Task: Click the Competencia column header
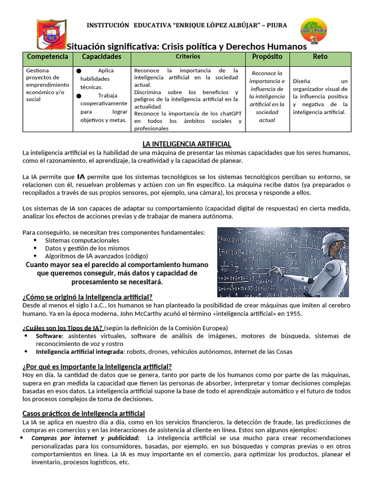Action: pos(47,57)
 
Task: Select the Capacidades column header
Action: pos(102,57)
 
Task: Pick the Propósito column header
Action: pos(267,57)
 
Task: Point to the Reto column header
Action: pos(320,57)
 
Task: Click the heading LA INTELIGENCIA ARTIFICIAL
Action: pos(187,144)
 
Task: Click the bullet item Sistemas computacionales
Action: pos(82,240)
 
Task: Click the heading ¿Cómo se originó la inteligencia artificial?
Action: pos(88,297)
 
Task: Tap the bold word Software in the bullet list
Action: pos(49,336)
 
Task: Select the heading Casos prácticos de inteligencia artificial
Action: pos(84,413)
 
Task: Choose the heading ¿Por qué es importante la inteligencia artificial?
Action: pos(97,366)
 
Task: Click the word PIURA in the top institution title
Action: pos(277,25)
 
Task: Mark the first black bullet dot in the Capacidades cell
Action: pos(78,71)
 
